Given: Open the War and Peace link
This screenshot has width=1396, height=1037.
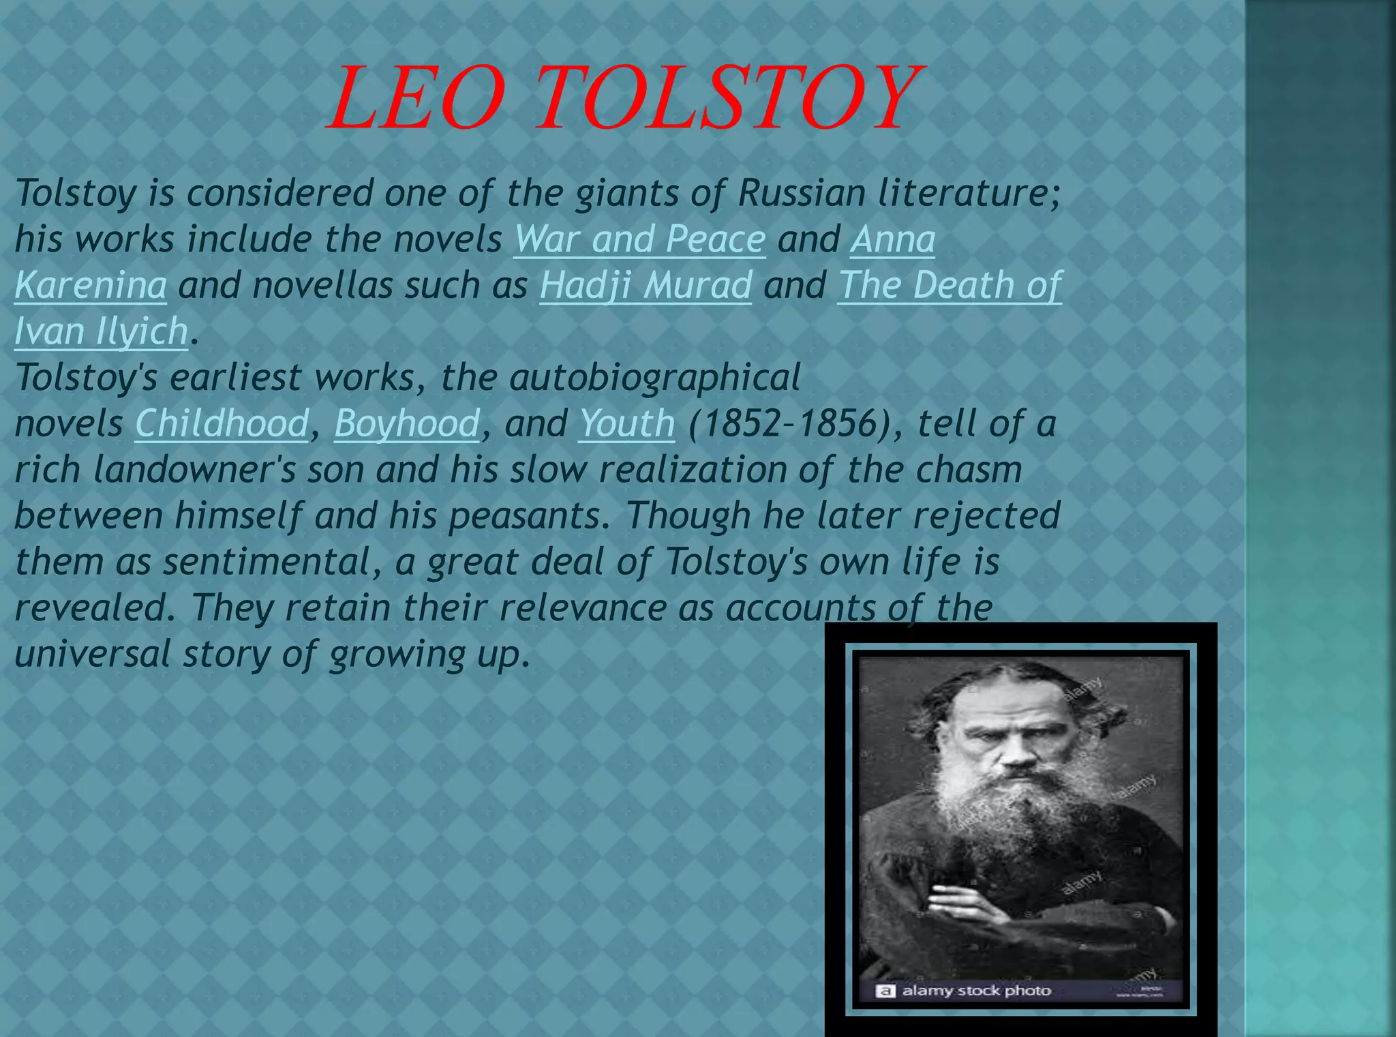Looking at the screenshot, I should click(x=639, y=239).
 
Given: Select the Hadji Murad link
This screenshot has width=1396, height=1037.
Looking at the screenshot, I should click(x=646, y=285).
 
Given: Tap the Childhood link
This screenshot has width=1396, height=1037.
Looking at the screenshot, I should click(x=222, y=423).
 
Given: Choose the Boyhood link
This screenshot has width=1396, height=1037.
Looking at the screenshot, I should click(x=407, y=423).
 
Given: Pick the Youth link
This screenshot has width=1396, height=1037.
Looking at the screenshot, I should click(x=626, y=423).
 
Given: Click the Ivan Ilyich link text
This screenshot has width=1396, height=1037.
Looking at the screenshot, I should click(x=101, y=331).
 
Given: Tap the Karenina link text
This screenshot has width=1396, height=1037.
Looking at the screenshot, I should click(x=90, y=285).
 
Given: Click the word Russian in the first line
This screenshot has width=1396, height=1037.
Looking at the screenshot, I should click(x=802, y=193).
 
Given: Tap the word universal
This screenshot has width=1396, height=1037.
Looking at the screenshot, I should click(x=92, y=654).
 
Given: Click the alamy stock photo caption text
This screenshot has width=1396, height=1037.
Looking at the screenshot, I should click(x=975, y=991).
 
